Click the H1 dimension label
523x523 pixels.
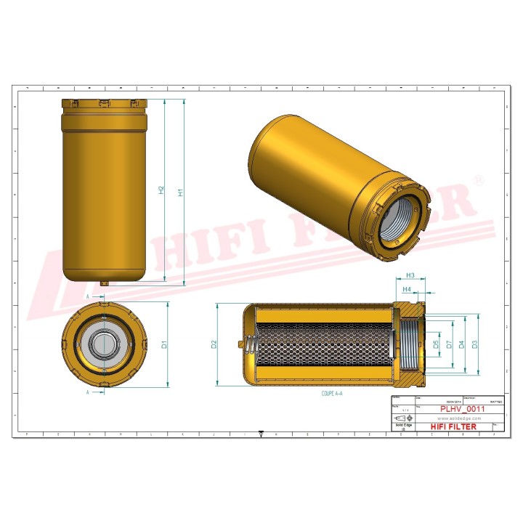(x=180, y=192)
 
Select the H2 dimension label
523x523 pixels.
(x=161, y=190)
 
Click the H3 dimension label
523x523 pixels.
(x=410, y=275)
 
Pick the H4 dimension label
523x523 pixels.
(x=408, y=289)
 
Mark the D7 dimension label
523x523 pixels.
(x=450, y=344)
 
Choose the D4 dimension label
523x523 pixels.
(x=463, y=344)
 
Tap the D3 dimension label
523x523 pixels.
(x=475, y=344)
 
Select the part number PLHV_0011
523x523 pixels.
(x=462, y=409)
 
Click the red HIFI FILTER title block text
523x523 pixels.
(x=454, y=426)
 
